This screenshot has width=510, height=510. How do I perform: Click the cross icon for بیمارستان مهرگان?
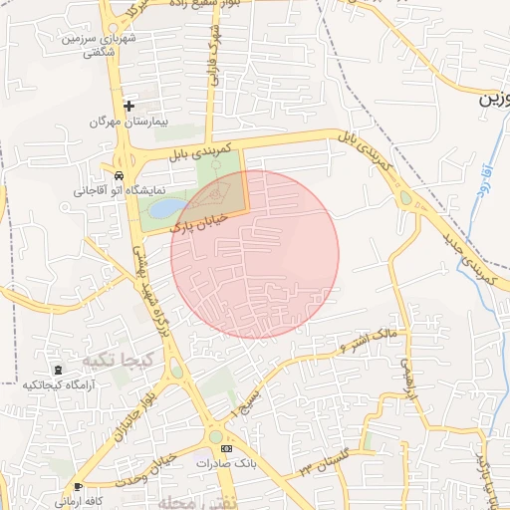[128, 105]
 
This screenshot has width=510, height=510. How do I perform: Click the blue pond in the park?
[168, 208]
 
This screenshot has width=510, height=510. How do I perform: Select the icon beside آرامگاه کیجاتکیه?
[56, 372]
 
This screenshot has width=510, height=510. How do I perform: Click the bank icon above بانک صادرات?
[225, 449]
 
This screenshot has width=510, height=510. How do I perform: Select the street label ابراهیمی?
[406, 384]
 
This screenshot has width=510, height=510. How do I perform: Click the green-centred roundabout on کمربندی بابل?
[405, 199]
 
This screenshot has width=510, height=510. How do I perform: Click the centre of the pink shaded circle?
[255, 254]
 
